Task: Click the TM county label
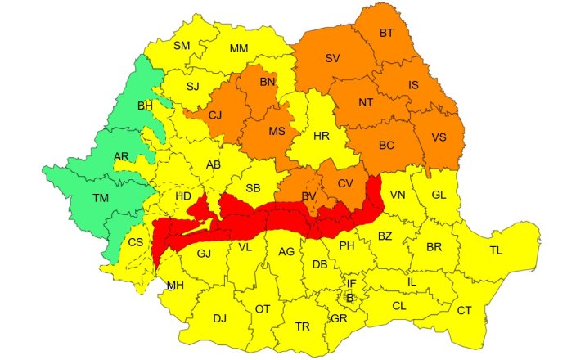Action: click(x=101, y=198)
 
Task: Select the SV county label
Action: click(x=332, y=59)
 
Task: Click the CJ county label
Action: click(x=215, y=115)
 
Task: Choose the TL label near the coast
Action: click(x=496, y=250)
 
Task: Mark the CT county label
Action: click(x=464, y=310)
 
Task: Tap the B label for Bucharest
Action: click(x=351, y=297)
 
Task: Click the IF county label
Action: click(x=351, y=283)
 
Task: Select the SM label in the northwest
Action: click(x=182, y=46)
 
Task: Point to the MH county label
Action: click(x=176, y=285)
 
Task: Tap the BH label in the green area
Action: click(x=145, y=106)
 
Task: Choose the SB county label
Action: click(x=253, y=188)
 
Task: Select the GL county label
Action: click(x=439, y=194)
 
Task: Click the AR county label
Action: click(x=121, y=156)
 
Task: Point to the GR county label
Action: click(x=339, y=318)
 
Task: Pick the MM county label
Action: click(x=239, y=49)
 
